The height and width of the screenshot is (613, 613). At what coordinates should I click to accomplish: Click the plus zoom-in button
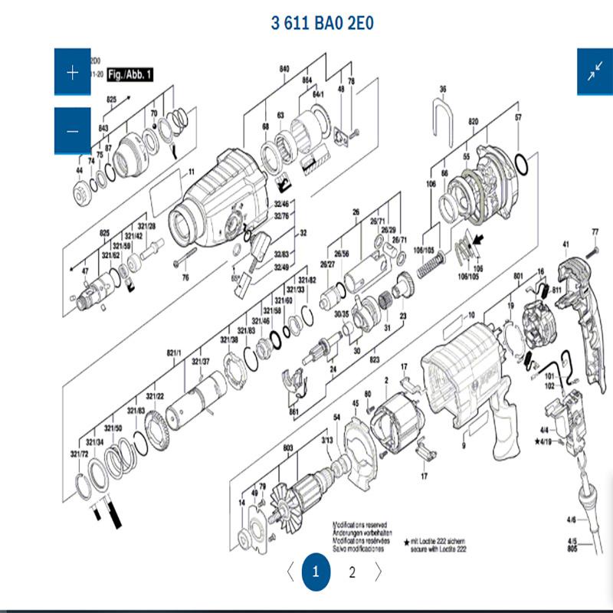point(73,73)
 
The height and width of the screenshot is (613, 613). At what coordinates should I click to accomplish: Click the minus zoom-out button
point(73,131)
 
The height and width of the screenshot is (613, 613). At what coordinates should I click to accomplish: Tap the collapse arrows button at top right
point(595,72)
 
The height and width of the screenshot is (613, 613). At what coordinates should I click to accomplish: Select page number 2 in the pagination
point(352,572)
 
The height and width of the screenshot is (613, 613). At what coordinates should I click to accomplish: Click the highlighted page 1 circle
point(316,572)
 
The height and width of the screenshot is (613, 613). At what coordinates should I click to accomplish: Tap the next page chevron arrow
point(379,572)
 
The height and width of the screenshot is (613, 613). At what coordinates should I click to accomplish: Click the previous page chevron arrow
point(289,572)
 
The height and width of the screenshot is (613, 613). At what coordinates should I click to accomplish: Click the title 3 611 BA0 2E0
point(322,23)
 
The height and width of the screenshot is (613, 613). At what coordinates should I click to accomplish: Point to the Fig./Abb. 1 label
point(130,74)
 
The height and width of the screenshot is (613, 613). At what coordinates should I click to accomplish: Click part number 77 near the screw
point(595,231)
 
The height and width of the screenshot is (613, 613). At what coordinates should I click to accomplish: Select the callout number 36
point(442,90)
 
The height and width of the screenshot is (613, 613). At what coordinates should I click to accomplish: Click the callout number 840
point(284,69)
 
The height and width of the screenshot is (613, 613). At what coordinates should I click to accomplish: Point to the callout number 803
point(288,447)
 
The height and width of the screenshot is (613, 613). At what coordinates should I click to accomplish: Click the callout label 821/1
point(174,352)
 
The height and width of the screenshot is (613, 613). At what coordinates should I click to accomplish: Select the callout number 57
point(518,117)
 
